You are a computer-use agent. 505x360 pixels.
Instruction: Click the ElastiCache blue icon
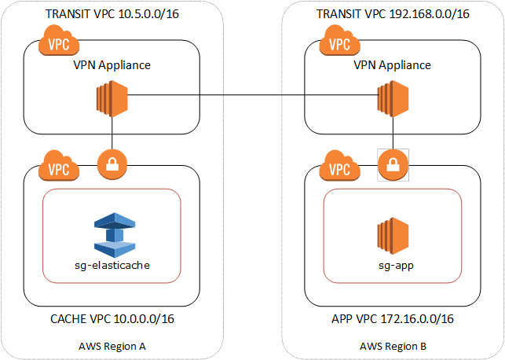pos(112,233)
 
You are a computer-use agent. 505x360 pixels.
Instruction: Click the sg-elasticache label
pos(112,266)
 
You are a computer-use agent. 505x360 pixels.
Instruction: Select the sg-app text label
pos(393,266)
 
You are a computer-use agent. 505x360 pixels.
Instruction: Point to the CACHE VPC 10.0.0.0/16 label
pos(112,319)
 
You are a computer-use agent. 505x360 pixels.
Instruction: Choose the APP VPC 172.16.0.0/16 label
pos(393,319)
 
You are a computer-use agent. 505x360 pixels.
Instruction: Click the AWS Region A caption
pos(112,346)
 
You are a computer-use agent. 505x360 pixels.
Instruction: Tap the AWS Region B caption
pos(393,346)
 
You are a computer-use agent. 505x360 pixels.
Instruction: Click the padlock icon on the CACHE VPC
pos(112,166)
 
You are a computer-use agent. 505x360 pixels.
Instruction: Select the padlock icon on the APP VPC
pos(392,165)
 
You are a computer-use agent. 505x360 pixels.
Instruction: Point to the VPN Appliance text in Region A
pos(112,66)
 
